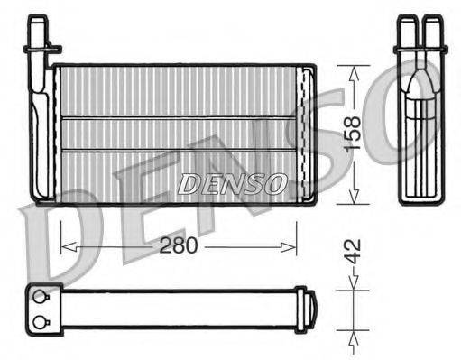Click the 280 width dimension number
(x=179, y=245)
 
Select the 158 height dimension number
(x=354, y=134)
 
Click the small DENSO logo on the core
(x=232, y=184)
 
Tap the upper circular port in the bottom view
(x=39, y=295)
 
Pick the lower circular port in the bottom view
(x=39, y=321)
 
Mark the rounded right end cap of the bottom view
(x=308, y=309)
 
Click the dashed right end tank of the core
(x=306, y=133)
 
